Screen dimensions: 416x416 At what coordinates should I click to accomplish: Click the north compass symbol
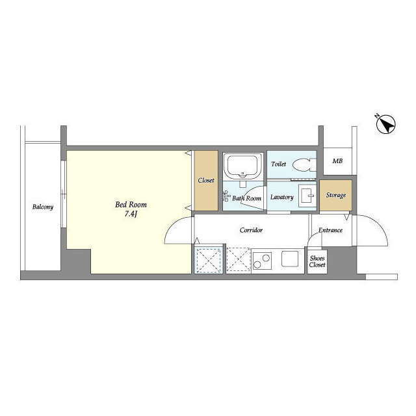[x=385, y=124]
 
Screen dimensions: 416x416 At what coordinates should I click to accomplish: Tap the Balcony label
[x=43, y=207]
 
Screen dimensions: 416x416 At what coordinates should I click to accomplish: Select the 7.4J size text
[x=131, y=214]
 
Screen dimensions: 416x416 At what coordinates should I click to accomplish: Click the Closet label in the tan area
[x=206, y=181]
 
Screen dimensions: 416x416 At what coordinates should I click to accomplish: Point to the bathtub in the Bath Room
[x=242, y=166]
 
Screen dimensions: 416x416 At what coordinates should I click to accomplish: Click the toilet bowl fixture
[x=304, y=164]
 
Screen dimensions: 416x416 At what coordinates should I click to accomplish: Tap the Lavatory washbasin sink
[x=307, y=196]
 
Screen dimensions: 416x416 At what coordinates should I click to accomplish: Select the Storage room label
[x=336, y=195]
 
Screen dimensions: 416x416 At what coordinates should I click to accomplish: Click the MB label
[x=337, y=161]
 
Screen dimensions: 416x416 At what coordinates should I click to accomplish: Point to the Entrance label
[x=330, y=230]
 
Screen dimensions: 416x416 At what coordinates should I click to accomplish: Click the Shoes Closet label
[x=317, y=261]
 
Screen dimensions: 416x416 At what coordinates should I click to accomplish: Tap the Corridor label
[x=251, y=230]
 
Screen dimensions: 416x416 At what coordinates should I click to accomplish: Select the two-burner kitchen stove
[x=262, y=261]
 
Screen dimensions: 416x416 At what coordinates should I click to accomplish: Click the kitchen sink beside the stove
[x=290, y=259]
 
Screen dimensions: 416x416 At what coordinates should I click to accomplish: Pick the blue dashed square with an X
[x=209, y=260]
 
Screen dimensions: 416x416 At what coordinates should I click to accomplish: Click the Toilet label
[x=279, y=164]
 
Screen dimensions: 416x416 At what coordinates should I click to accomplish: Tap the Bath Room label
[x=246, y=198]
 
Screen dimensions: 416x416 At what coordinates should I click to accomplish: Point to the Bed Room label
[x=131, y=205]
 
